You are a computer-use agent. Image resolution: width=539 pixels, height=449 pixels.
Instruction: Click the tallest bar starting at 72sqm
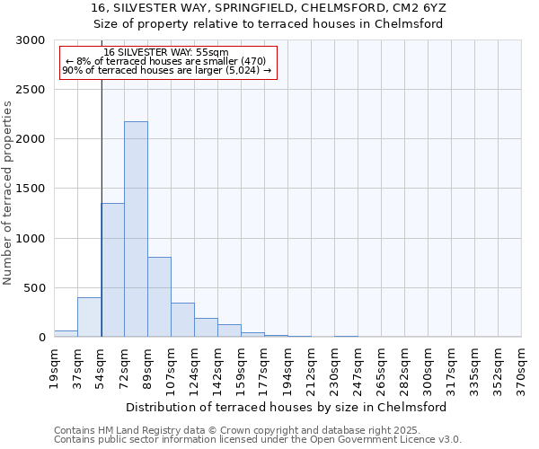click(136, 229)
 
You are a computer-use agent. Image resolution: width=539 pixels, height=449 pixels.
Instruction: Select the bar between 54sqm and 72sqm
click(112, 269)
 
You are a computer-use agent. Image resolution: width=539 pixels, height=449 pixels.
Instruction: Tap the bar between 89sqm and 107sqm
click(159, 296)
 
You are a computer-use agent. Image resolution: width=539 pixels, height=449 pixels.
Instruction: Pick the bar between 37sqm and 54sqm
click(89, 317)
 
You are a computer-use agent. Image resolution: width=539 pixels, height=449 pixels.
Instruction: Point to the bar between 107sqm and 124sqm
click(182, 320)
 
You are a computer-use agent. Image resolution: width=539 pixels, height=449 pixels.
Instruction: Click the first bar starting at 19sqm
click(66, 333)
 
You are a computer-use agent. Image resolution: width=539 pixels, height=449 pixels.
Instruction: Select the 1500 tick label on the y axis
click(31, 189)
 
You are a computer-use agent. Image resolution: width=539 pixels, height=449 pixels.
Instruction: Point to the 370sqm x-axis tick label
click(520, 369)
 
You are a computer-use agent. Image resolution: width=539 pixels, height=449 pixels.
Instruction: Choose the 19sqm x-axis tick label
click(54, 366)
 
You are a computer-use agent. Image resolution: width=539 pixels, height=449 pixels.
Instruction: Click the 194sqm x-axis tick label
click(287, 369)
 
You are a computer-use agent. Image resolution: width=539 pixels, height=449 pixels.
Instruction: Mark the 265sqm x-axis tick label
click(380, 369)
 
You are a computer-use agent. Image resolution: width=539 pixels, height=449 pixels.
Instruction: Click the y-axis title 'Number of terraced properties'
click(8, 192)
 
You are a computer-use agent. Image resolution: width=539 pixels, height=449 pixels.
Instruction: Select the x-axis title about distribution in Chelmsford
click(287, 407)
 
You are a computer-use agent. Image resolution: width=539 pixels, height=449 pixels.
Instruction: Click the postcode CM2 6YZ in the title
click(420, 8)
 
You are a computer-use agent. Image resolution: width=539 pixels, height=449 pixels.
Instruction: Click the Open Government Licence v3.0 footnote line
click(257, 440)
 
